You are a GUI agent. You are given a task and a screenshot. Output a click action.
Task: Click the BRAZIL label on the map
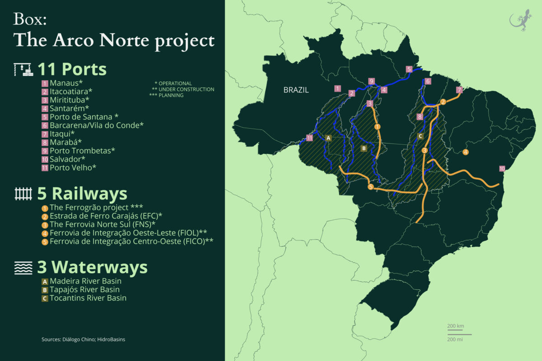point(296,90)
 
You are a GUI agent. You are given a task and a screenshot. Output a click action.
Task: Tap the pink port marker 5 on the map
point(409,69)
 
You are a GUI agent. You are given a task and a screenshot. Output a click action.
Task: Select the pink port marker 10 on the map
point(502,169)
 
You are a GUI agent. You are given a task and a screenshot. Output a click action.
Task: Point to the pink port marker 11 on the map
point(310,138)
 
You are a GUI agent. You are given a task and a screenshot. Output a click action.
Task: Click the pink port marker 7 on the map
point(459,90)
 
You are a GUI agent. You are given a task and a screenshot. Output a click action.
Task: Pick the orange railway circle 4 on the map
point(466,152)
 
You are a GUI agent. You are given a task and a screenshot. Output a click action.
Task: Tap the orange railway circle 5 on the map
point(371,187)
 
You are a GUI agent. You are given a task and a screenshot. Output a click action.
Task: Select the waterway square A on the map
point(328,138)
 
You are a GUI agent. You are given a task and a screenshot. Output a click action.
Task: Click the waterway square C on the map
point(420,136)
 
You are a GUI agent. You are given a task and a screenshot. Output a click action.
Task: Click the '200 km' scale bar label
point(456,326)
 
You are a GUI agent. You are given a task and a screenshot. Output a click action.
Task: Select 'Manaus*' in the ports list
point(66,83)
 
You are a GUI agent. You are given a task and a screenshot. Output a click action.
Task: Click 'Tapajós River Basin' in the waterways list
point(84,289)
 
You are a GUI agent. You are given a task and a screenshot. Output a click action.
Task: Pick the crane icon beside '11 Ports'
point(23,69)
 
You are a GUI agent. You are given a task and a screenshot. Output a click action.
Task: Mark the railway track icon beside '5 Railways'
point(23,194)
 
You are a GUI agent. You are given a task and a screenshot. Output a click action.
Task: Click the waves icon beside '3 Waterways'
point(23,268)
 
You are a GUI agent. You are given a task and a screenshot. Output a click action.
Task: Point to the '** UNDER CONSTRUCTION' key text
point(183,89)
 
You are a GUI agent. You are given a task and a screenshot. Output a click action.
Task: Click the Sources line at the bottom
point(83,339)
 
